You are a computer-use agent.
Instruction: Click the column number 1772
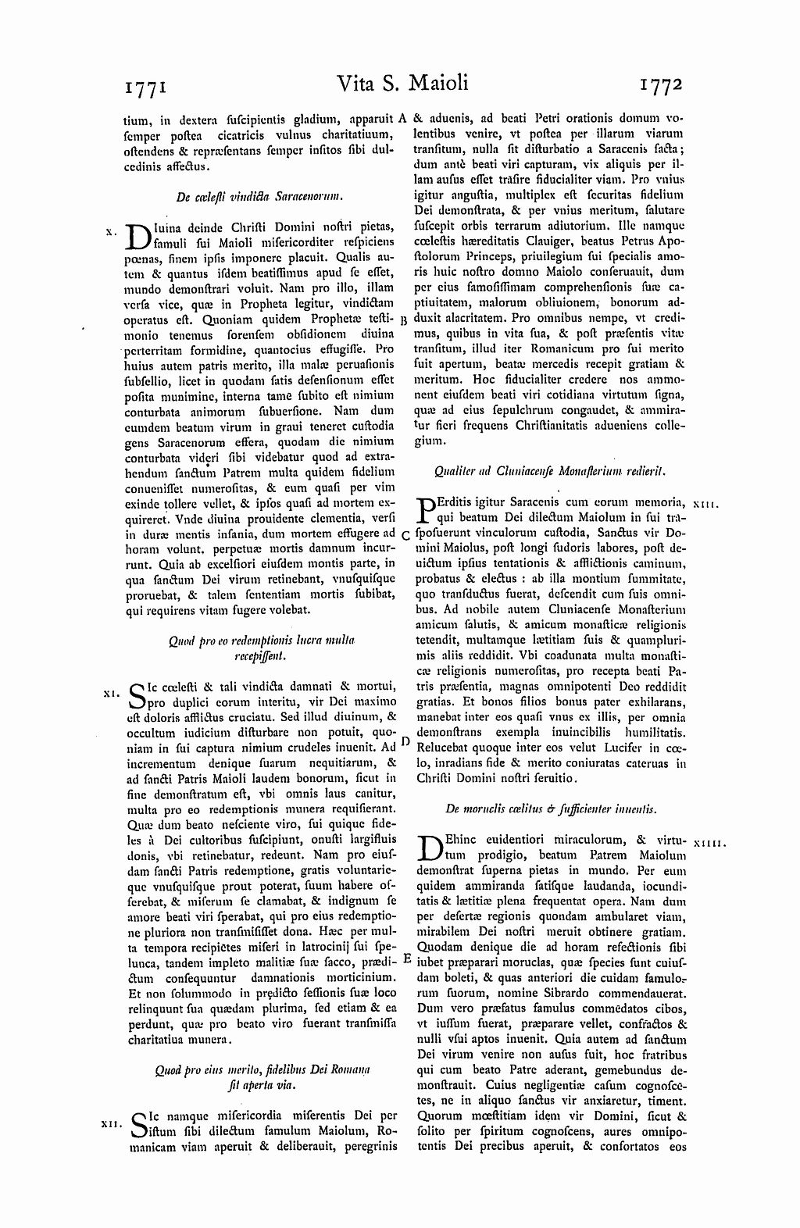(x=661, y=84)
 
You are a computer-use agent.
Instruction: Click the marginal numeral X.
(x=110, y=230)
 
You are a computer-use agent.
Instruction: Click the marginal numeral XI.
(x=109, y=691)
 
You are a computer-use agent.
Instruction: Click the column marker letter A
(x=403, y=119)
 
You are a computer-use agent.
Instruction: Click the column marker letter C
(x=405, y=535)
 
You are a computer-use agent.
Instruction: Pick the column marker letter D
(x=405, y=741)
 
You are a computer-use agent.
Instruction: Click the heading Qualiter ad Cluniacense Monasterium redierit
(x=549, y=471)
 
